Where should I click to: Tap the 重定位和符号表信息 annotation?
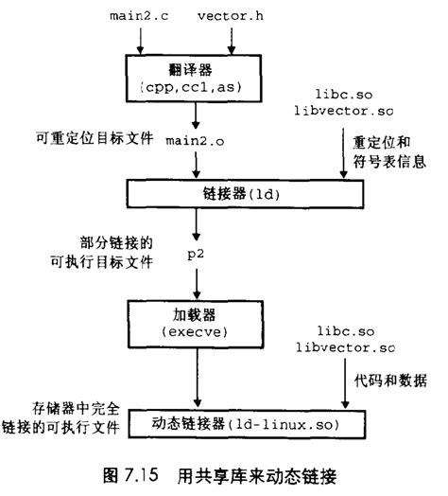point(386,157)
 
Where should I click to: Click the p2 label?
point(196,256)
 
